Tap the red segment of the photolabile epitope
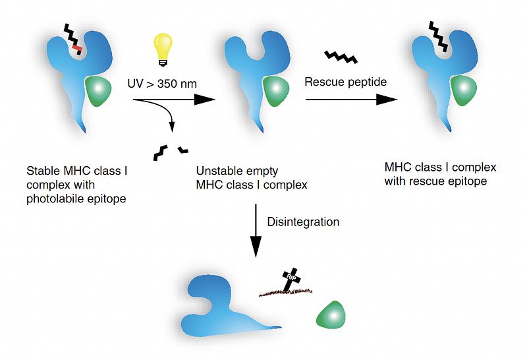(x=77, y=47)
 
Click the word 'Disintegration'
(x=303, y=222)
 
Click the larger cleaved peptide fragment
(x=160, y=152)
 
